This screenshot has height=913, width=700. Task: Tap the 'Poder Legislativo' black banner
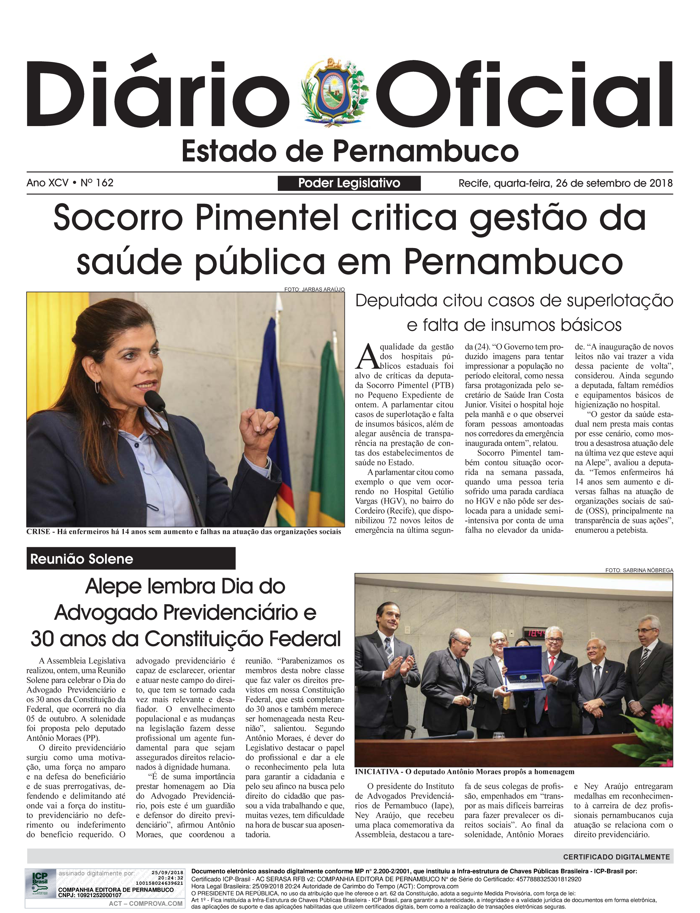pos(349,183)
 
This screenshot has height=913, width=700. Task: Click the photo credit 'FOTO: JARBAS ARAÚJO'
pos(314,289)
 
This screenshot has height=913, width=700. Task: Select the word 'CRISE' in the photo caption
pos(38,532)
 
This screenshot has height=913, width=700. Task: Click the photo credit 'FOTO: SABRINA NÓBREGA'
pos(639,570)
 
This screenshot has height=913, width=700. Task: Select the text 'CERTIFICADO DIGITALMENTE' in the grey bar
pos(616,857)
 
